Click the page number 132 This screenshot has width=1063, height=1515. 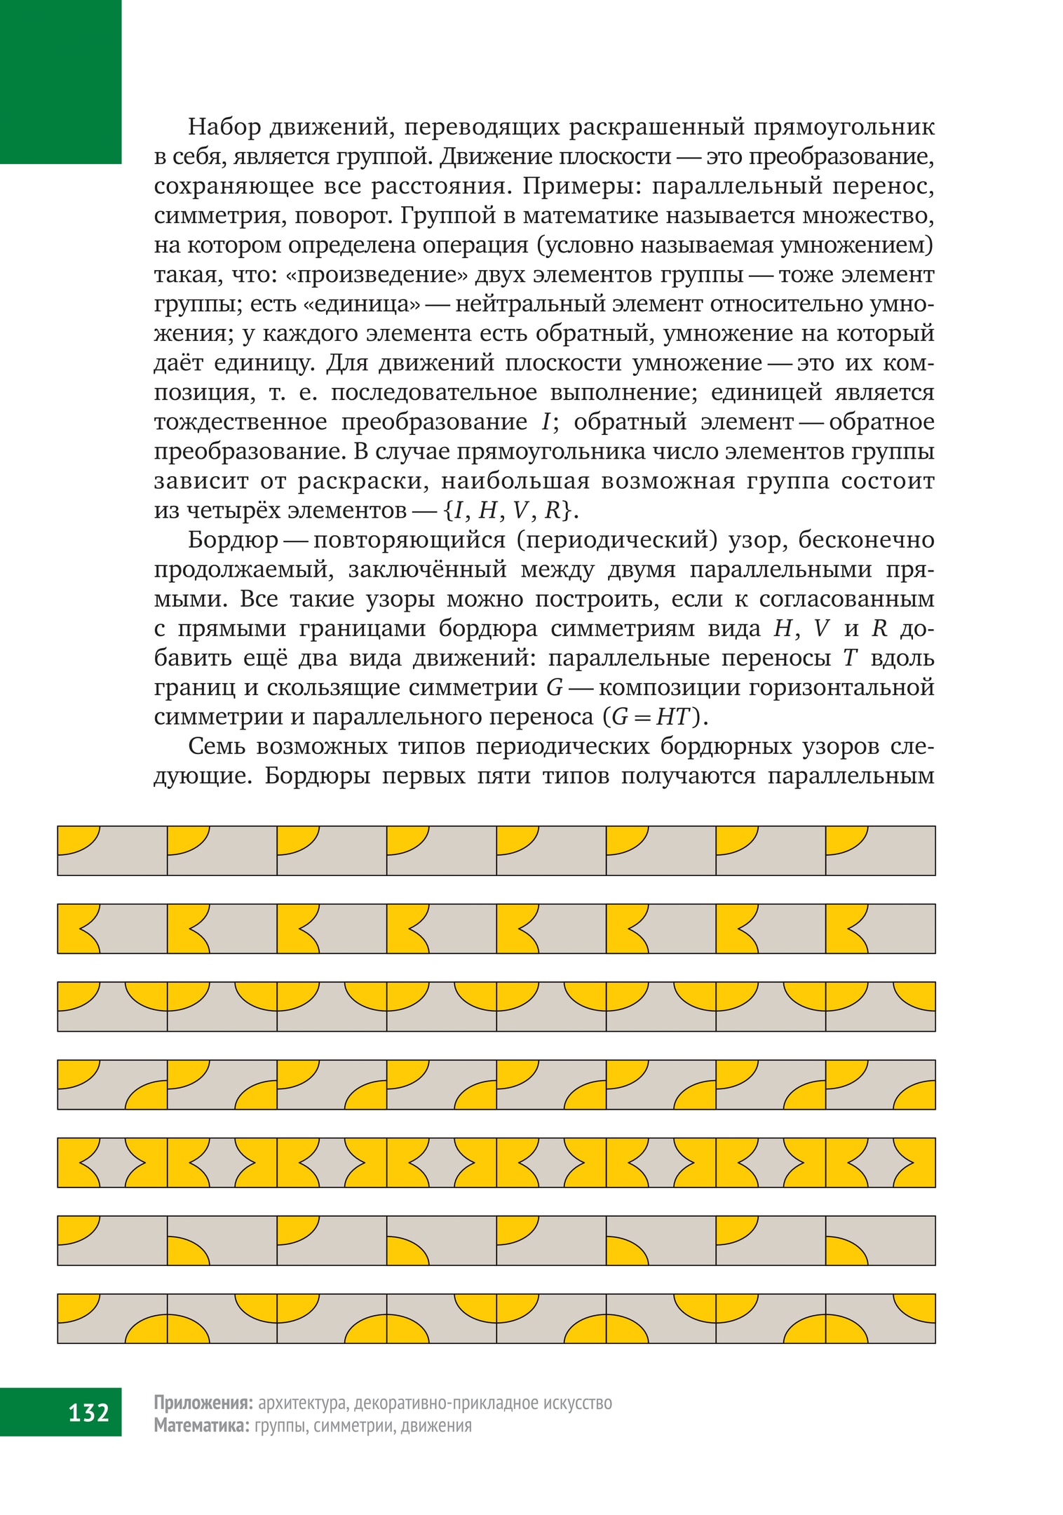point(88,1412)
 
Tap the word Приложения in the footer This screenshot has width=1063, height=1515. point(203,1403)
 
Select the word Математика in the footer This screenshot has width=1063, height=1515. point(201,1425)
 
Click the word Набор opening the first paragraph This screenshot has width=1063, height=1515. point(225,127)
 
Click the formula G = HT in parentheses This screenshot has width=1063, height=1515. point(656,717)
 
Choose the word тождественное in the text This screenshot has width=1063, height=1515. point(241,422)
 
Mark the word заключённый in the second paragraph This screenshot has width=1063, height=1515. point(427,570)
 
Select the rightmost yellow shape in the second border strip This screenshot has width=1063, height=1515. point(842,928)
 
